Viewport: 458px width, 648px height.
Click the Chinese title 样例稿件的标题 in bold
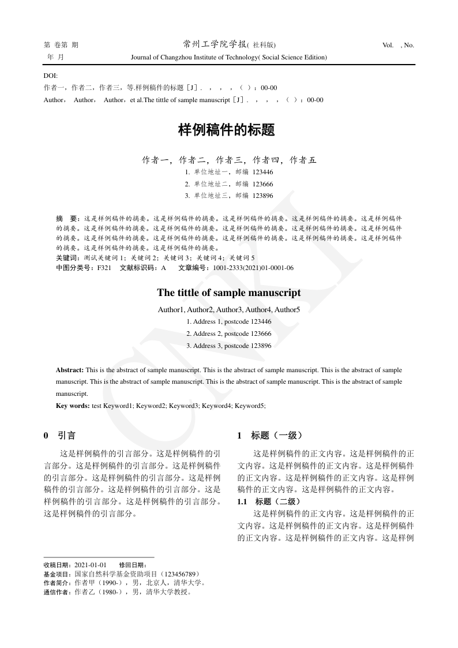[x=226, y=130]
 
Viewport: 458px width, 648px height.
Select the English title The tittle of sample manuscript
[x=228, y=293]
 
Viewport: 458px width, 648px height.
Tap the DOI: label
[x=51, y=76]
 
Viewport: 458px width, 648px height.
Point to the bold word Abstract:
[x=70, y=369]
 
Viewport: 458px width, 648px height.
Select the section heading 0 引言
[x=59, y=436]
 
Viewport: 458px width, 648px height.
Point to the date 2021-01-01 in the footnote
[x=91, y=564]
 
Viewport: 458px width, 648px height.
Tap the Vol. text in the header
[x=388, y=45]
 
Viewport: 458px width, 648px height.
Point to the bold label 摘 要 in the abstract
[x=66, y=219]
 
